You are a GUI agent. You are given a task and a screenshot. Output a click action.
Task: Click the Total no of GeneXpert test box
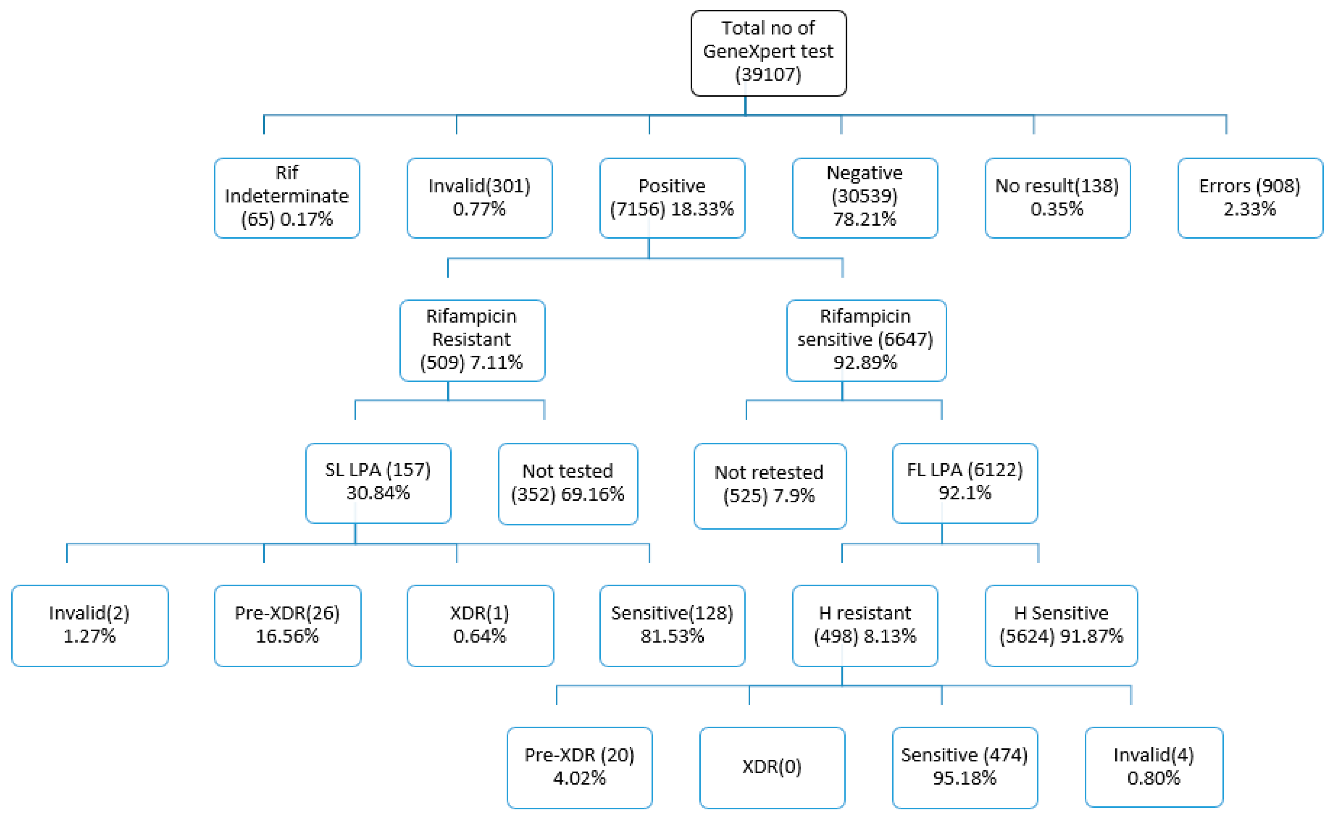click(768, 53)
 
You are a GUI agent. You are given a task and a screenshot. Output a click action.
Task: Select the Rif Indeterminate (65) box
click(287, 198)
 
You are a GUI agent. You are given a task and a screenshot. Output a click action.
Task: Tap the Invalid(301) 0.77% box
click(479, 198)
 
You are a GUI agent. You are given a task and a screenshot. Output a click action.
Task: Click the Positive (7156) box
click(672, 198)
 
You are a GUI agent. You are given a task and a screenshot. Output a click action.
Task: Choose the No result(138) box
click(1057, 198)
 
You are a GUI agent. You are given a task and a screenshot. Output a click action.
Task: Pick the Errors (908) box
click(1250, 198)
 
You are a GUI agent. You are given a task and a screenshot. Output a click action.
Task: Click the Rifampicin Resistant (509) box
click(471, 340)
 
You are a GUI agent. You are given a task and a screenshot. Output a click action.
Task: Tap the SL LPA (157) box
click(378, 483)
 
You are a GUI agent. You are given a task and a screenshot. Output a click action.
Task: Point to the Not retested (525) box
click(769, 486)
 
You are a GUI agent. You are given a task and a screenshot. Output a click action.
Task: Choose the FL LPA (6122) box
click(965, 483)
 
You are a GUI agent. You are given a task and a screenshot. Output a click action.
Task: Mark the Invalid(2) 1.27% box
click(90, 626)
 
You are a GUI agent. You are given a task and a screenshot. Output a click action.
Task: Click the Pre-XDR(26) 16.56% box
click(287, 626)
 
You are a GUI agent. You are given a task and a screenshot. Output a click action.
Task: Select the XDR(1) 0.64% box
click(480, 626)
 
